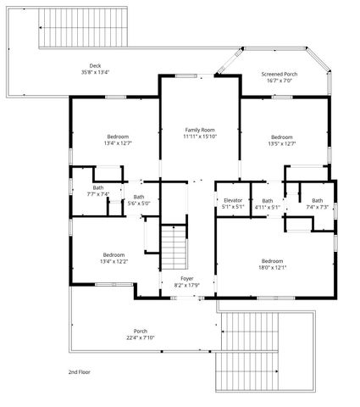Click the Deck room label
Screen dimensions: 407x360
[x=95, y=65]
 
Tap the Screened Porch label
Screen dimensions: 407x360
[x=279, y=74]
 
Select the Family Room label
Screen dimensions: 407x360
[x=200, y=130]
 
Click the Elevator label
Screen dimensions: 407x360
[x=233, y=200]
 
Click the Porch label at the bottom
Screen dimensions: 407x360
[x=141, y=331]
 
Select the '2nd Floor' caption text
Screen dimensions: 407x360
[x=80, y=371]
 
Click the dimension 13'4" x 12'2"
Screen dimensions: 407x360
[x=114, y=261]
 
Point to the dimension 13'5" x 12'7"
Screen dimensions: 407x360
[x=282, y=143]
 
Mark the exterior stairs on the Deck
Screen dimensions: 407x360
[x=82, y=33]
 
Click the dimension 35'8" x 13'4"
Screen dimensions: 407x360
[x=95, y=72]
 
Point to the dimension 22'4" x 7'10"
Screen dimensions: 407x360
[x=141, y=337]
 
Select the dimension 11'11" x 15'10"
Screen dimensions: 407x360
[x=200, y=137]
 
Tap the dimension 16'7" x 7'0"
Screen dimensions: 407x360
[x=279, y=81]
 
